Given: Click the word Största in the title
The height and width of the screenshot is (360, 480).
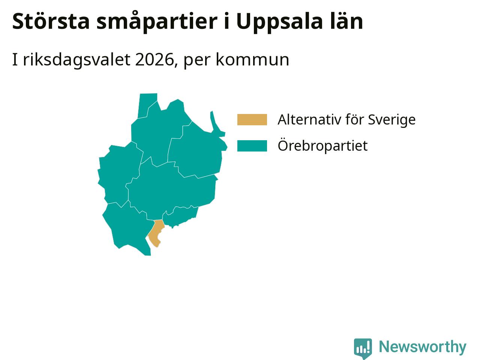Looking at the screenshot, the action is coord(51,21).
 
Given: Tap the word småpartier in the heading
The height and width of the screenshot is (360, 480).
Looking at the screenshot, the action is coord(157,22).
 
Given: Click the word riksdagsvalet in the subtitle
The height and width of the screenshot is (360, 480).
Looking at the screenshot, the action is coord(77,60).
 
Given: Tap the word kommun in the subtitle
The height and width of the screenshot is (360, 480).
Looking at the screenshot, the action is coord(252,60).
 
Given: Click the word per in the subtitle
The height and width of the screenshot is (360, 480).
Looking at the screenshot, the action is coord(197,61).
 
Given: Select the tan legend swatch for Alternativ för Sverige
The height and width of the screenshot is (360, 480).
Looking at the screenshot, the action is coord(252,120).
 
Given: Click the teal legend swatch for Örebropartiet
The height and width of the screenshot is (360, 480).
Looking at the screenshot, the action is coord(252,146).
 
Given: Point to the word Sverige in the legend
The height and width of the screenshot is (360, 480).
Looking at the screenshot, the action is coord(391,120).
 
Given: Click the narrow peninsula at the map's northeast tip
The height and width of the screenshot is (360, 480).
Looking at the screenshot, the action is coord(216,124).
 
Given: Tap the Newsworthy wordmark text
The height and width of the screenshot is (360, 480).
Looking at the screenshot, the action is coord(423,347).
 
